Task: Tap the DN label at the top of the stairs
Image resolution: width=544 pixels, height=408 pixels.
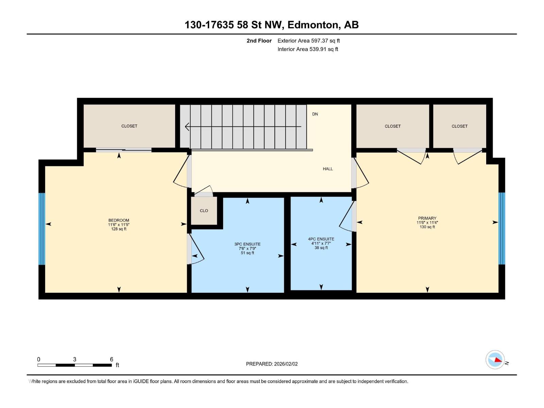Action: pos(315,114)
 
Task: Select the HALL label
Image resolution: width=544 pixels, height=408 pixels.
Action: pos(328,169)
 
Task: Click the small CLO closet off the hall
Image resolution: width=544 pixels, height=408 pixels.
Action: pos(204,211)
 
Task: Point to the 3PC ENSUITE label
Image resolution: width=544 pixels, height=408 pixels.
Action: pos(247,244)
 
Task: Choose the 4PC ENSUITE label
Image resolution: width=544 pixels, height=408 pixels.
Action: pos(321,239)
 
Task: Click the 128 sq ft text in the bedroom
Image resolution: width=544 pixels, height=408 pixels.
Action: pos(119,229)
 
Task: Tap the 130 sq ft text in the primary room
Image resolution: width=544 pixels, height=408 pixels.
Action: pos(427,227)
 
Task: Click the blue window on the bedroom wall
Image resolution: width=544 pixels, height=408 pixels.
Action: pos(41,228)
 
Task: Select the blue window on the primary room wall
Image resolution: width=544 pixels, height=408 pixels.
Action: pos(502,228)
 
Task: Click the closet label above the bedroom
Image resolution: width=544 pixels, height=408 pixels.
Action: pos(129,126)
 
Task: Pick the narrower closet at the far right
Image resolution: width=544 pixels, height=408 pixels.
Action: pos(459,126)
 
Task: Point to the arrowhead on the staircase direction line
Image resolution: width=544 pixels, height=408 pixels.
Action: pos(187,127)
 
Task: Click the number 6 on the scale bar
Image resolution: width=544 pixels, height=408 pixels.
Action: pos(112,359)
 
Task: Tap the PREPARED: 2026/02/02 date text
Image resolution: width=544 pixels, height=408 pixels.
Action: pos(272,364)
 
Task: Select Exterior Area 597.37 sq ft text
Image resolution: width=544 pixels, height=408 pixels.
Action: pos(308,41)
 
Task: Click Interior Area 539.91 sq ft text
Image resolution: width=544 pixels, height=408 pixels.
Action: pos(308,49)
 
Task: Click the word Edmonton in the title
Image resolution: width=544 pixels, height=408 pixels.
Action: pos(313,25)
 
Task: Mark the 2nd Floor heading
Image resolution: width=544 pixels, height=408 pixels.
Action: pos(259,41)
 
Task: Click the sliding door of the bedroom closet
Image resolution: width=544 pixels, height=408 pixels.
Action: pos(123,150)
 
